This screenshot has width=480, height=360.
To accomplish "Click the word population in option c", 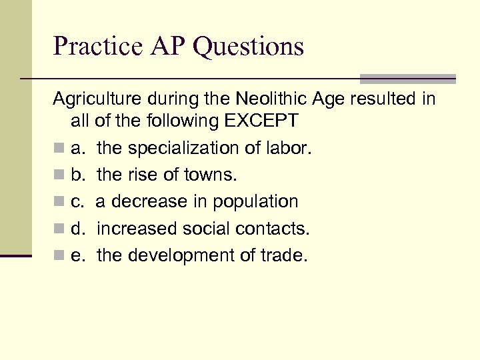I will [x=256, y=202].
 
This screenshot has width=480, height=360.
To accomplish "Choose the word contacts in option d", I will [x=272, y=229].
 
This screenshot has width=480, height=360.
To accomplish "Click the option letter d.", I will [x=77, y=229].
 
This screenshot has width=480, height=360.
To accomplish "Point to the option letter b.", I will [x=77, y=175].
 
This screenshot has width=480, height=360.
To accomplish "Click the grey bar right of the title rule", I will [x=407, y=79].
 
